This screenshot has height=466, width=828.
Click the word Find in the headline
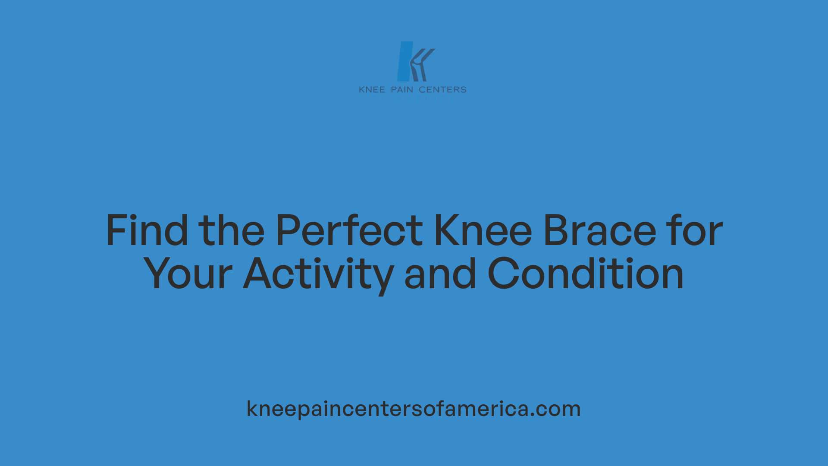click(x=147, y=231)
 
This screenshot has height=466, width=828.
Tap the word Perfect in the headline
click(x=349, y=231)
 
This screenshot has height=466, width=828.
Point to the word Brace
click(x=599, y=231)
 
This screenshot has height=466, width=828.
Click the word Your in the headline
click(x=188, y=274)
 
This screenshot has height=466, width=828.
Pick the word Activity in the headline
click(x=318, y=274)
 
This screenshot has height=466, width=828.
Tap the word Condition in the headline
click(x=586, y=274)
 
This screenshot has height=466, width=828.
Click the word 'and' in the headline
click(x=440, y=274)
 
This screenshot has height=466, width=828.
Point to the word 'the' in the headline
click(x=231, y=231)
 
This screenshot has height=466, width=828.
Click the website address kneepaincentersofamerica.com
click(x=414, y=409)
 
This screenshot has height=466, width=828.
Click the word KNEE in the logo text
click(x=372, y=90)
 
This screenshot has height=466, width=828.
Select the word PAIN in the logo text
click(x=402, y=90)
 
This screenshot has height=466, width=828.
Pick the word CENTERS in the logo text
click(x=442, y=90)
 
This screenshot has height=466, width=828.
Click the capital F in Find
click(x=116, y=231)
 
